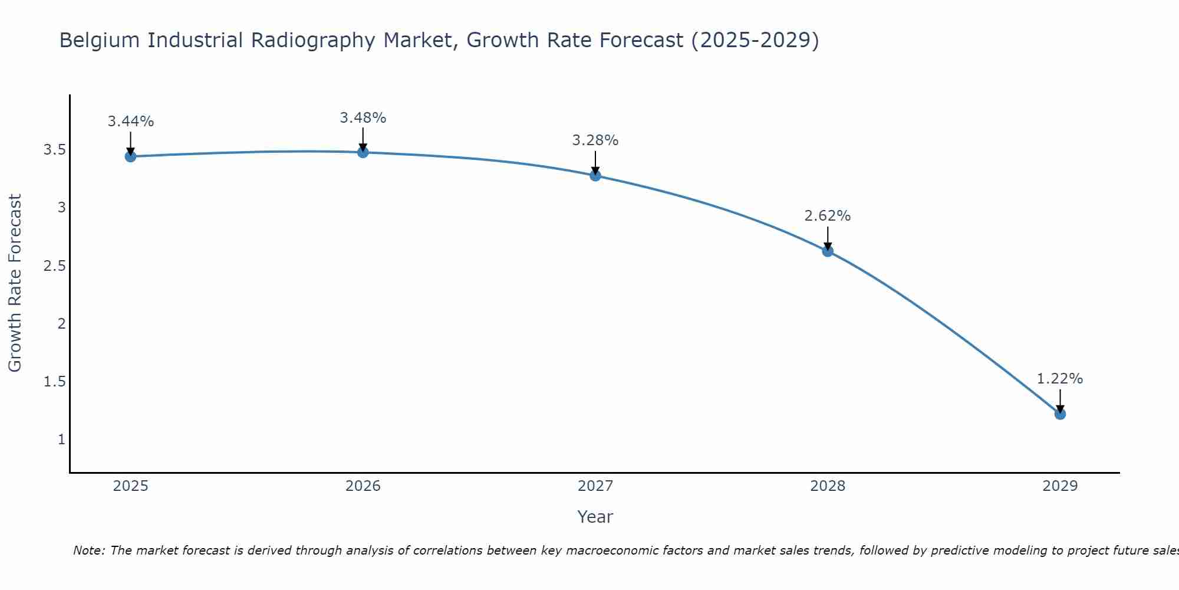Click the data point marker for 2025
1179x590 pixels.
point(130,156)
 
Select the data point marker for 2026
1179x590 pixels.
point(363,152)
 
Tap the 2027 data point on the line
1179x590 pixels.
point(595,175)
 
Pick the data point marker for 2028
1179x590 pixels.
point(828,251)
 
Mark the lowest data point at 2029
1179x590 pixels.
point(1060,414)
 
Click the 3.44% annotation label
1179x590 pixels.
point(130,122)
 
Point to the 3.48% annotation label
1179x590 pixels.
point(363,118)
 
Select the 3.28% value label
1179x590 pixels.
point(595,140)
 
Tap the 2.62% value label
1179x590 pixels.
point(828,216)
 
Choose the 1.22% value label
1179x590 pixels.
point(1060,379)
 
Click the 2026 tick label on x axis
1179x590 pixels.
point(363,486)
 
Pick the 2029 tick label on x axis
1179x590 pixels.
point(1060,486)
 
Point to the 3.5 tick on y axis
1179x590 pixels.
point(54,150)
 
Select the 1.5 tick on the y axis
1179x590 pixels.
point(54,382)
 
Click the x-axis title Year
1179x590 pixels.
point(595,517)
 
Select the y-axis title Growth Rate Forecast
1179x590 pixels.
point(15,283)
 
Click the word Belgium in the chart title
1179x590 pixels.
point(100,41)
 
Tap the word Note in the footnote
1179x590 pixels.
point(88,550)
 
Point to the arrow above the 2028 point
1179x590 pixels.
point(828,238)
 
